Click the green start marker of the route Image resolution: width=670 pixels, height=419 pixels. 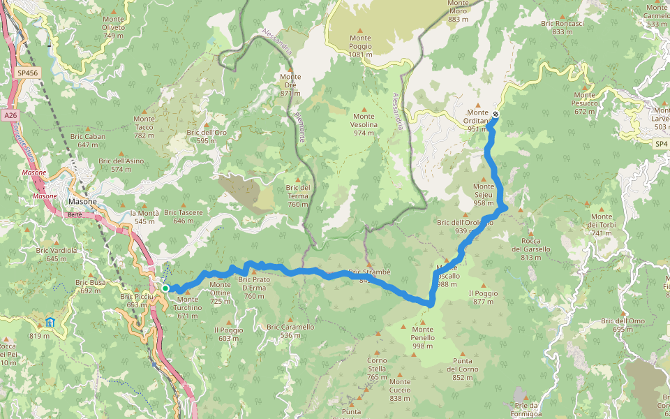point(165,288)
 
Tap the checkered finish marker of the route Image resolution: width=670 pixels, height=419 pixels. point(496,114)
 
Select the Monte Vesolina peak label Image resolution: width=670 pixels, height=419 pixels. point(364,124)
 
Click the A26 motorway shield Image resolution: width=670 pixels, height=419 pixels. point(9,115)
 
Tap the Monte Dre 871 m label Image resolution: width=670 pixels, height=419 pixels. point(290,84)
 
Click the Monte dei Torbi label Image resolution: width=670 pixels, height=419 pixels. point(601,224)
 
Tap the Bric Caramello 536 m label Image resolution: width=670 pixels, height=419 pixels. point(290,330)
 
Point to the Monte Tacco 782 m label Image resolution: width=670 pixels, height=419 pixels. point(144,126)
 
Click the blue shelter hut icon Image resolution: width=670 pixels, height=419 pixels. point(50,322)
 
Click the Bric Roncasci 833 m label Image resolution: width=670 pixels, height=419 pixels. point(562,27)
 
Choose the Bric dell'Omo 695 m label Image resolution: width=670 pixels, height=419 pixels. point(623,325)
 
